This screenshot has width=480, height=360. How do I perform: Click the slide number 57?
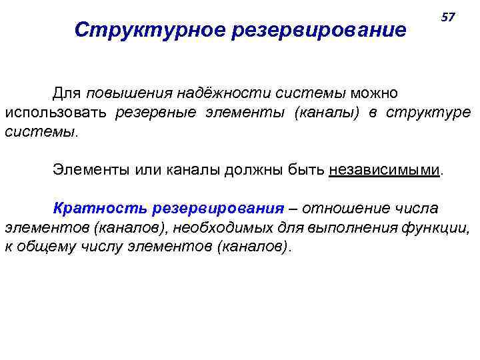(x=448, y=17)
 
